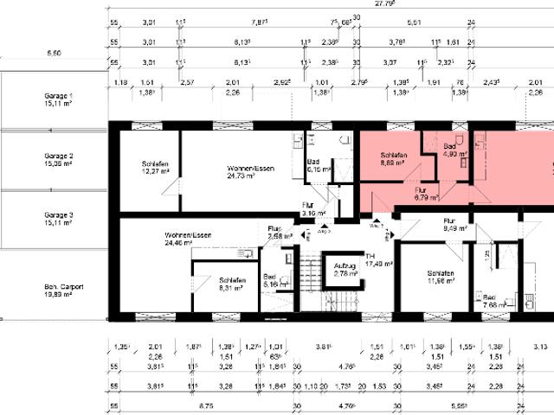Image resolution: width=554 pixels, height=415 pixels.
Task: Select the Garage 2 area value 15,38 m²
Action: tap(58, 163)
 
